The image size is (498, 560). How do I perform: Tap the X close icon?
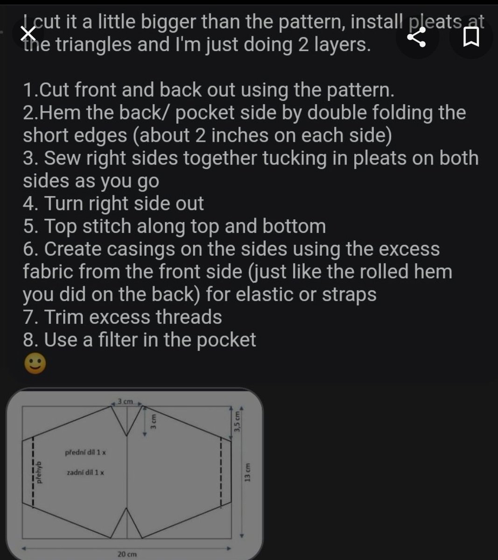(x=29, y=34)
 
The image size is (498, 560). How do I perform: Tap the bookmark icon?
(x=471, y=37)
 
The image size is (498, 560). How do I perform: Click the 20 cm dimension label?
(x=127, y=554)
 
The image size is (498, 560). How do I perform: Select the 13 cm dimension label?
(x=248, y=472)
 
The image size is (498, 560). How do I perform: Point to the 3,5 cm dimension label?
(x=238, y=422)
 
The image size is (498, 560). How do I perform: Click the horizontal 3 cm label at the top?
(x=125, y=401)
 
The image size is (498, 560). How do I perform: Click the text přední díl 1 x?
(x=85, y=452)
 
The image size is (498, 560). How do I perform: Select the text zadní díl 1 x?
(x=85, y=472)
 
